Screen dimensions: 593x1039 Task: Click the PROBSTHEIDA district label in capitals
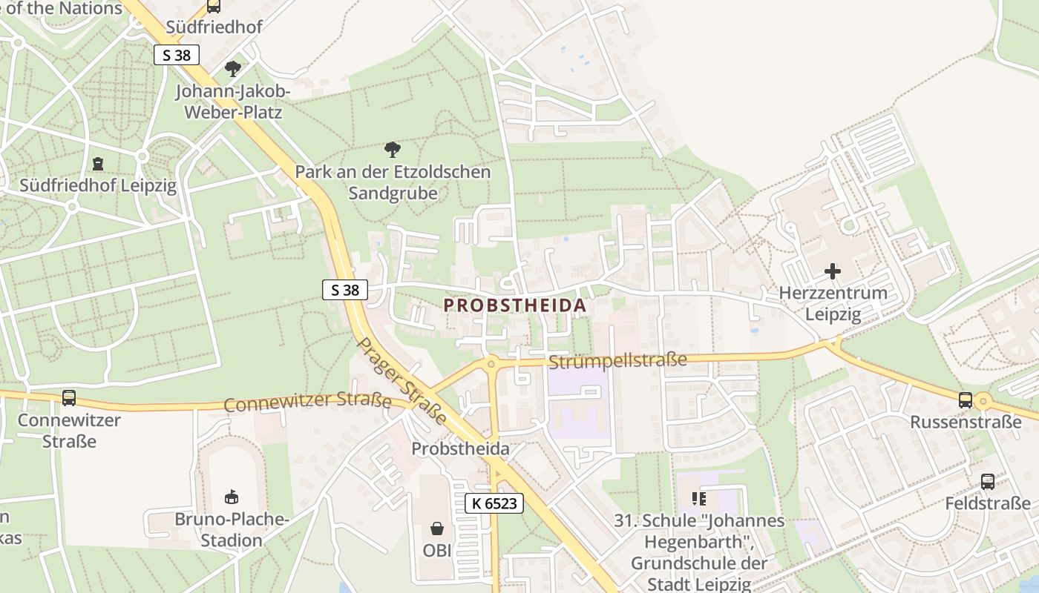coord(515,305)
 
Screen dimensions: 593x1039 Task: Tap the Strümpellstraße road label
coord(617,361)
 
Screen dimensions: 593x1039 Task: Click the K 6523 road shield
coord(494,503)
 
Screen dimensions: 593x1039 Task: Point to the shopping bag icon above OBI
coord(437,529)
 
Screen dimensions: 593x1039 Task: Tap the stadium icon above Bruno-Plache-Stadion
coord(232,496)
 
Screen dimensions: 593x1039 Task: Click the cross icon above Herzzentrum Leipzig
coord(833,271)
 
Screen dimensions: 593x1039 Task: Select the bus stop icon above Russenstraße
coord(966,400)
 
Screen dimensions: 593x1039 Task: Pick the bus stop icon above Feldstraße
coord(988,481)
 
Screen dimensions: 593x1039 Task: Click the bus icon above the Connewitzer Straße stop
coord(69,398)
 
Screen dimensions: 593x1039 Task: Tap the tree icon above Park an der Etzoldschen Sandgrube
coord(393,150)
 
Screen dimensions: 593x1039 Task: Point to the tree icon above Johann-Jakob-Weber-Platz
coord(233,69)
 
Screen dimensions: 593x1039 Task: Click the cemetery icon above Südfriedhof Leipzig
coord(98,163)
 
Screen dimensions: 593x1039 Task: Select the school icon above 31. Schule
coord(698,498)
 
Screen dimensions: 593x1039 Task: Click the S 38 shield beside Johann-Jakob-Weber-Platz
coord(177,55)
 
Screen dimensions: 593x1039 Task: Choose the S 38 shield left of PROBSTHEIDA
coord(345,290)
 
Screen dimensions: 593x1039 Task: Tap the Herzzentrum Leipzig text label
coord(833,303)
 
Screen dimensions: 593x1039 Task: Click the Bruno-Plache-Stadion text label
coord(232,529)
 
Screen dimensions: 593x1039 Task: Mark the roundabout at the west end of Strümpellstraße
coord(491,364)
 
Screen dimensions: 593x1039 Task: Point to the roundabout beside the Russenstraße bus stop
coord(984,402)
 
